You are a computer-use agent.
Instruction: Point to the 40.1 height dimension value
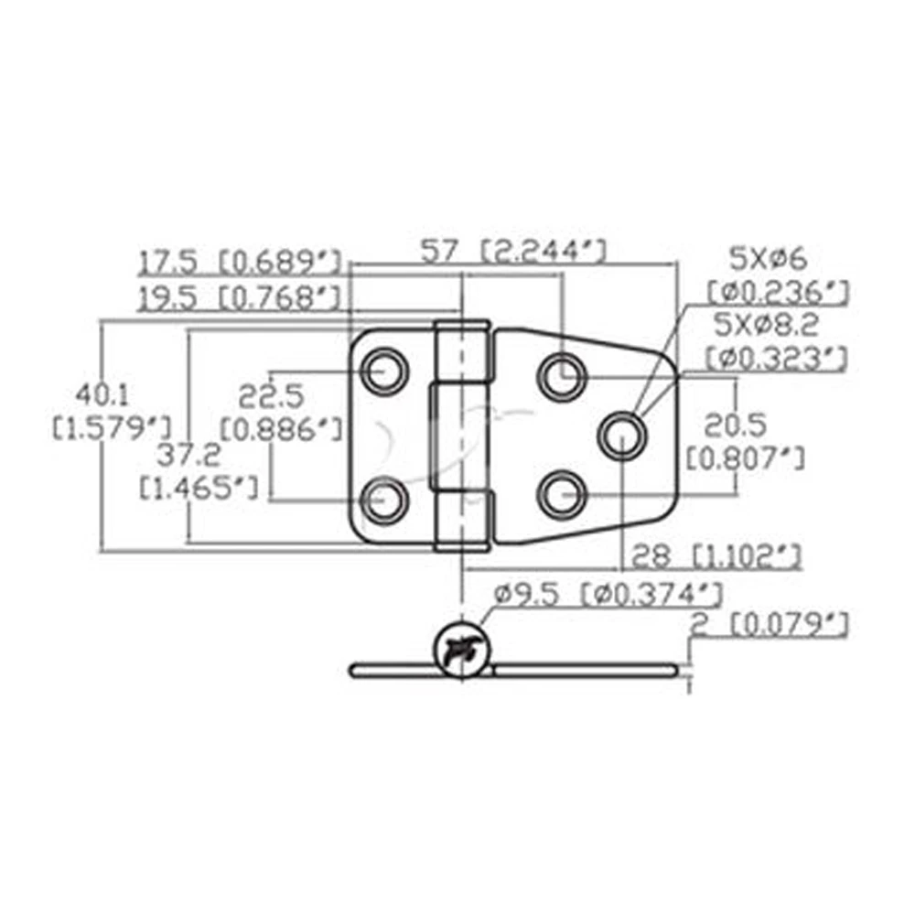[102, 395]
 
